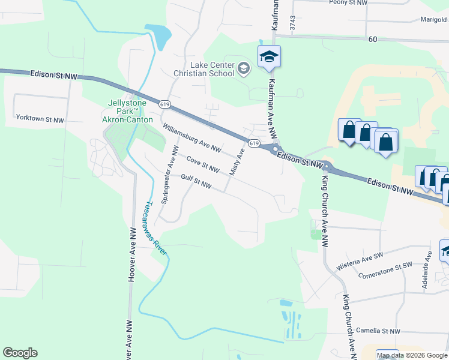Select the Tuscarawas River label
[x=153, y=229]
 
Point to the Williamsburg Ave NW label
[x=193, y=137]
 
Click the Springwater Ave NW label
[x=172, y=174]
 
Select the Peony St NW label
[x=349, y=2]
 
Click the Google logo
[x=20, y=353]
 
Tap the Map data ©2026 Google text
[x=412, y=355]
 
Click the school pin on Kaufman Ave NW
[x=270, y=57]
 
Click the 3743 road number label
[x=292, y=23]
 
